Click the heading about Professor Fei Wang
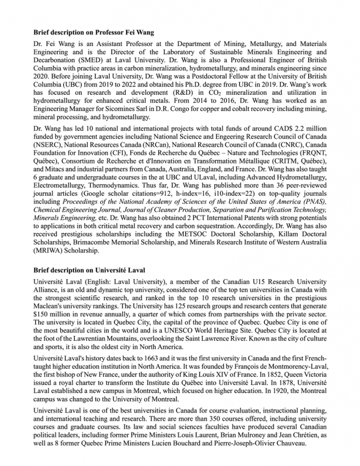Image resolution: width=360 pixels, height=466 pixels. click(94, 33)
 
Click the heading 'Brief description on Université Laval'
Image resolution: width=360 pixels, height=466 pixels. click(89, 270)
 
